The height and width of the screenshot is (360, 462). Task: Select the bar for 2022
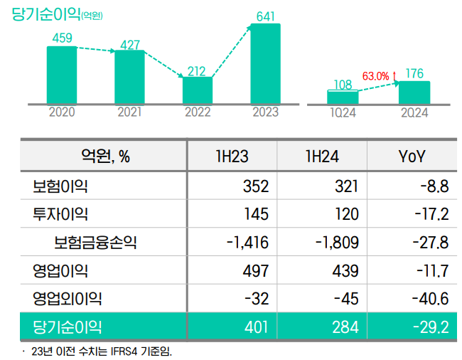pyautogui.click(x=198, y=90)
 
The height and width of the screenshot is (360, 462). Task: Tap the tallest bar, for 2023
pyautogui.click(x=265, y=64)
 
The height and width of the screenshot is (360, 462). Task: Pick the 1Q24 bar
pyautogui.click(x=343, y=97)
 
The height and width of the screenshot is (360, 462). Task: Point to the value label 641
pyautogui.click(x=265, y=15)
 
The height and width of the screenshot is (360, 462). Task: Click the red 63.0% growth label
pyautogui.click(x=376, y=75)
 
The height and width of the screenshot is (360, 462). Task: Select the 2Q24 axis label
pyautogui.click(x=414, y=112)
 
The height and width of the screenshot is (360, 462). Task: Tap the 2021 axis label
pyautogui.click(x=129, y=112)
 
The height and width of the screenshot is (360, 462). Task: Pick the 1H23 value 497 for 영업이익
pyautogui.click(x=254, y=270)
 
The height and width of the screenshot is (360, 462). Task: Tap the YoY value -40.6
pyautogui.click(x=430, y=299)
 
